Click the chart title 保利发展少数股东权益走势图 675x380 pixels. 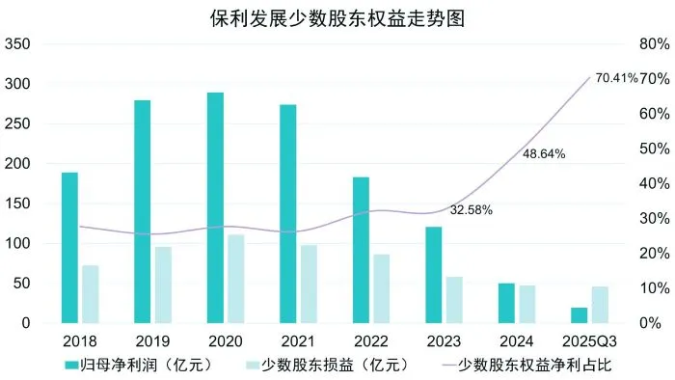pos(337,18)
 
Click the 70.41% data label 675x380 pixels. pos(616,78)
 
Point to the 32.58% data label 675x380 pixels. pos(471,209)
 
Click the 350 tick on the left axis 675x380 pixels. pos(18,44)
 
